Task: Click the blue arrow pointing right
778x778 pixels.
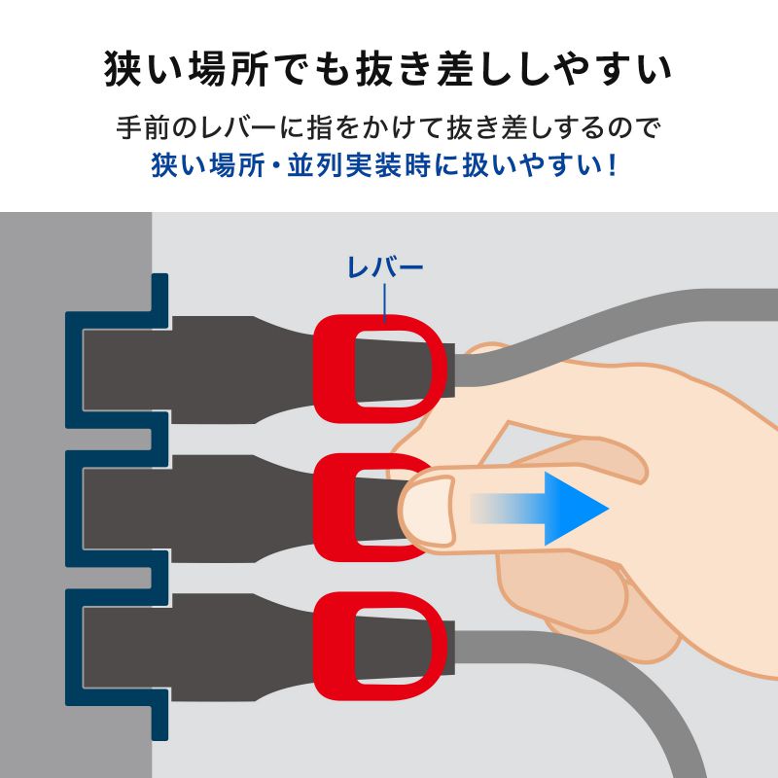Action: [x=559, y=508]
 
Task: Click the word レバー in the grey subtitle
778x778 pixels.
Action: [x=252, y=128]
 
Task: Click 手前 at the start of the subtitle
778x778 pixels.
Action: [x=133, y=128]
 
